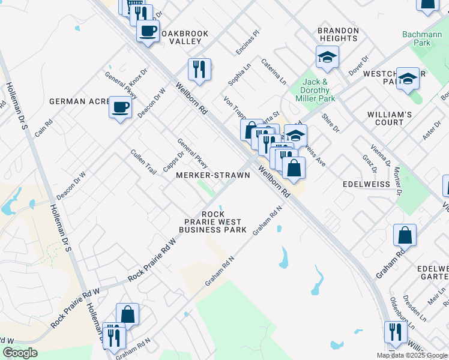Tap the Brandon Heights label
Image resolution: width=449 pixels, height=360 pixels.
point(338,34)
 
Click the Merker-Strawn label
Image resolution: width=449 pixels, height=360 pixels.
point(212,175)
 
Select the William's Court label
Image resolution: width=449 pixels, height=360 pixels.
point(390,118)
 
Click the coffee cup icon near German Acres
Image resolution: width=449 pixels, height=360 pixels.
point(120,107)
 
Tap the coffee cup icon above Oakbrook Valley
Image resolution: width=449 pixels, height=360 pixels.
point(147,30)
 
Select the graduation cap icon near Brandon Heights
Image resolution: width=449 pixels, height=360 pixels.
point(327,57)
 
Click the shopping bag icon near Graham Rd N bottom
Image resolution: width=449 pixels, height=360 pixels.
point(127,314)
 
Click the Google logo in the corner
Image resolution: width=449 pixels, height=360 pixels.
point(20,353)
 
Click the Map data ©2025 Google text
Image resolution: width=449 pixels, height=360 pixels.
point(411,355)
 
